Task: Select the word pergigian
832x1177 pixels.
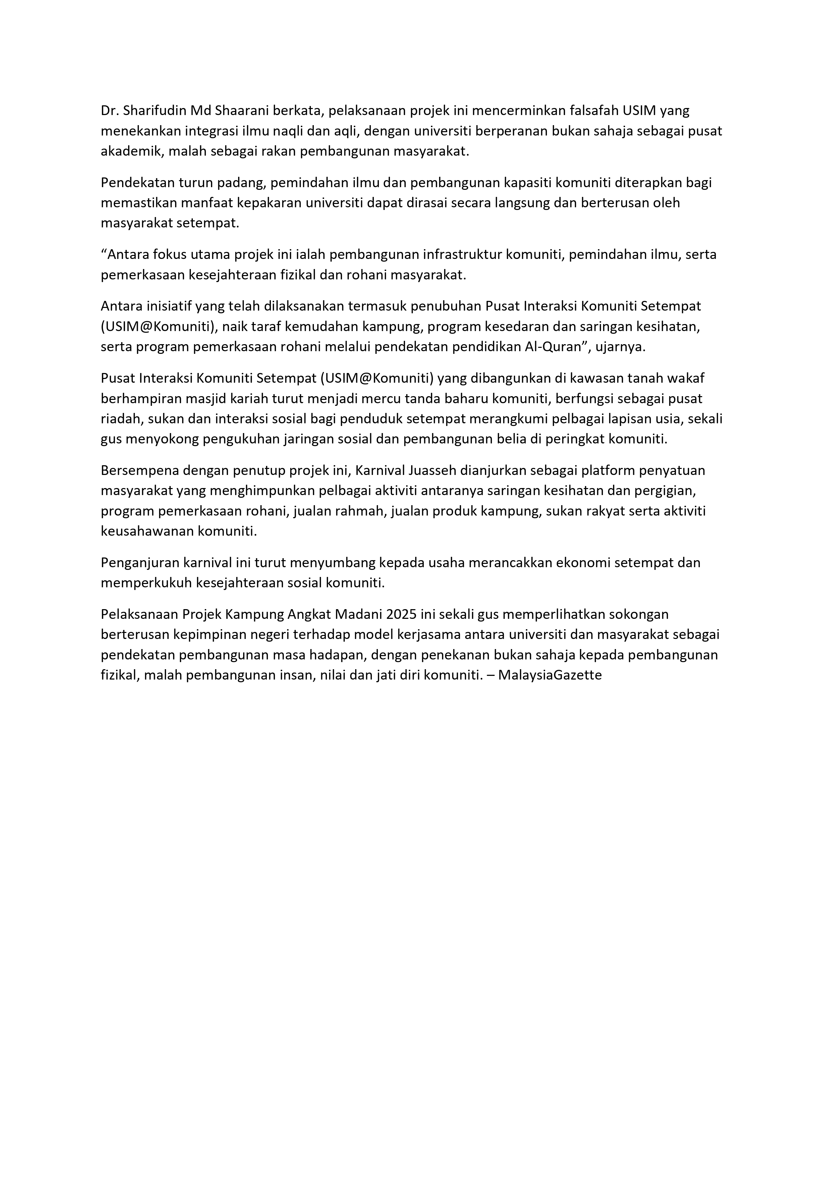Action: pyautogui.click(x=665, y=491)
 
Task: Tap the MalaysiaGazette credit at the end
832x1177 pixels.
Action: pyautogui.click(x=550, y=675)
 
